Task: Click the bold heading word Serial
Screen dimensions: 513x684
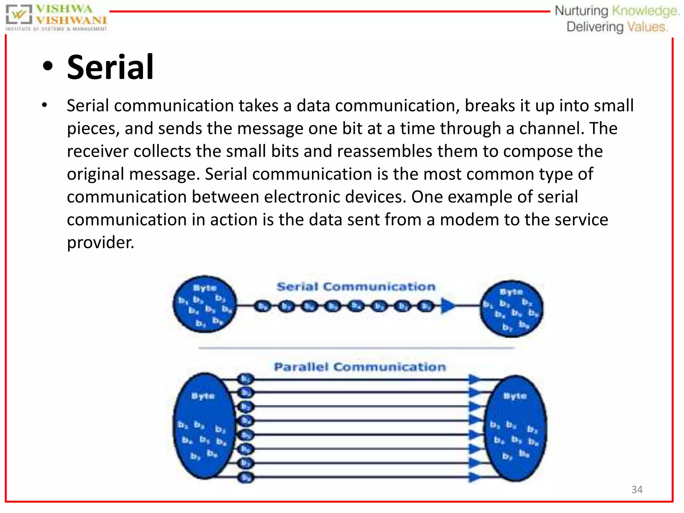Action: click(x=110, y=67)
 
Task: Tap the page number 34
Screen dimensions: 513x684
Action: click(x=637, y=490)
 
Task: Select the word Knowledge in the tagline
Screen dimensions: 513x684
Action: click(x=645, y=11)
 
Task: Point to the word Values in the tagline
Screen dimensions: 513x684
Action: click(x=647, y=27)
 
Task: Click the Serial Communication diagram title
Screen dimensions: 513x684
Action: click(x=356, y=287)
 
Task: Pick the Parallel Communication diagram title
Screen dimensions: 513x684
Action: click(x=360, y=367)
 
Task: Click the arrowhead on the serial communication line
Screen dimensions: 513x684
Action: click(x=448, y=306)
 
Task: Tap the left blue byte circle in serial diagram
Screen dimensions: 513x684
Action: click(x=205, y=304)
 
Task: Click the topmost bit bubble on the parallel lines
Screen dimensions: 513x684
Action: click(x=246, y=379)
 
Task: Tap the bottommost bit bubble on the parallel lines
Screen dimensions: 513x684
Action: click(x=246, y=478)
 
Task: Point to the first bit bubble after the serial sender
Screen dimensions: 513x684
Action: click(x=263, y=306)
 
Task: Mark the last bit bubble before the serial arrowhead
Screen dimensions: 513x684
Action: click(x=425, y=306)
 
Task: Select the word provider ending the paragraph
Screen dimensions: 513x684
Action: click(x=100, y=243)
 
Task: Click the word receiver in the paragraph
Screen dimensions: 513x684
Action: click(x=98, y=151)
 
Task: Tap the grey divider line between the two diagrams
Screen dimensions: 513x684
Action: click(x=356, y=348)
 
